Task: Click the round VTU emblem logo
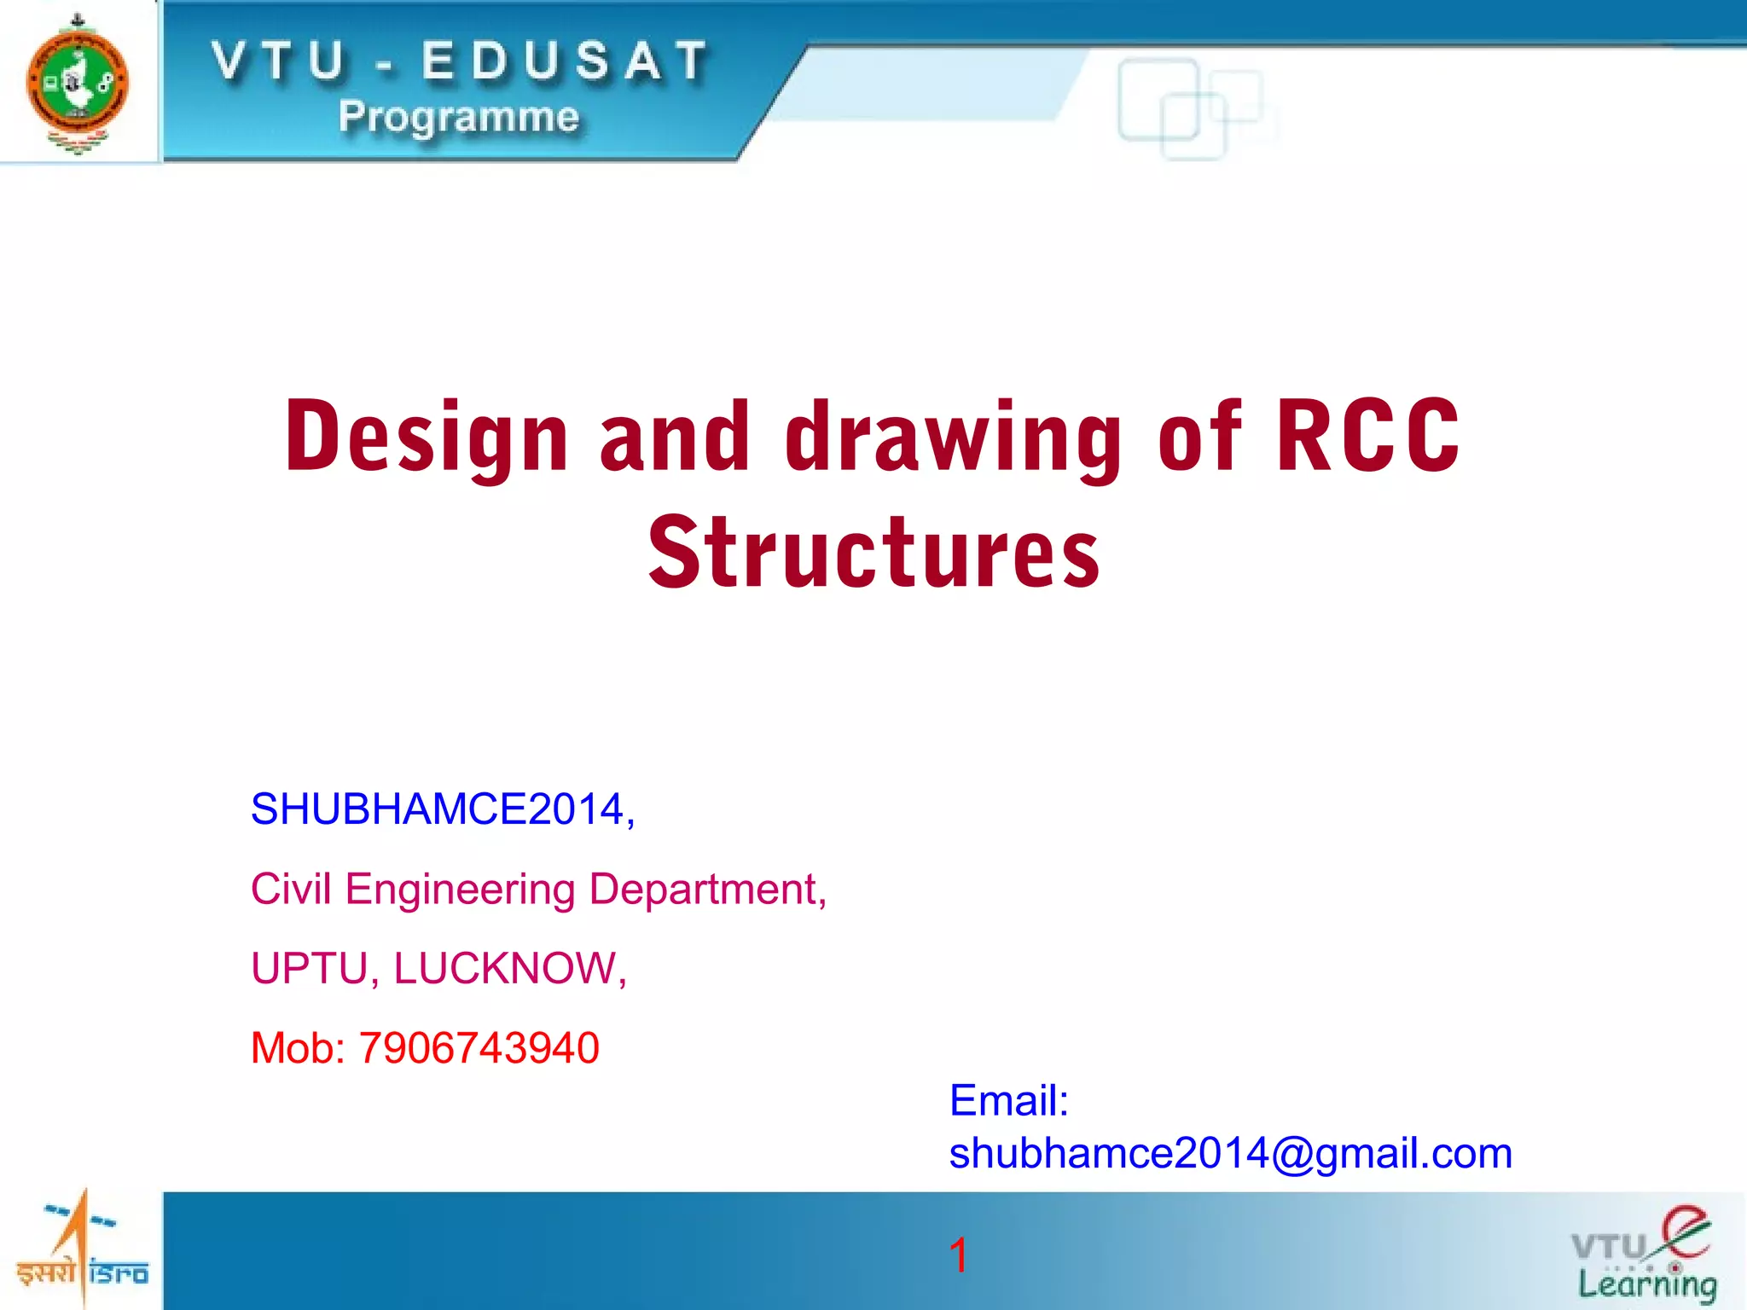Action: tap(78, 83)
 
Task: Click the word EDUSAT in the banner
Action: tap(565, 62)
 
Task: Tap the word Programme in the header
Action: tap(459, 117)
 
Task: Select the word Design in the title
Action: tap(427, 437)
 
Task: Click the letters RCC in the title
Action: tap(1367, 437)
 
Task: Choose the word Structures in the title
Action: tap(873, 553)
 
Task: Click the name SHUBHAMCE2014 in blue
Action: tap(439, 809)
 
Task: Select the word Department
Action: tap(706, 890)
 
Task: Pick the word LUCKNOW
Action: tap(508, 969)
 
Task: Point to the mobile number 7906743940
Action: tap(479, 1048)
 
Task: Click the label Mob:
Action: tap(298, 1048)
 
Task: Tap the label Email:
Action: tap(1009, 1100)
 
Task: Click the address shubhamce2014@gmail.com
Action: tap(1230, 1153)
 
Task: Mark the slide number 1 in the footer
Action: tap(958, 1255)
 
